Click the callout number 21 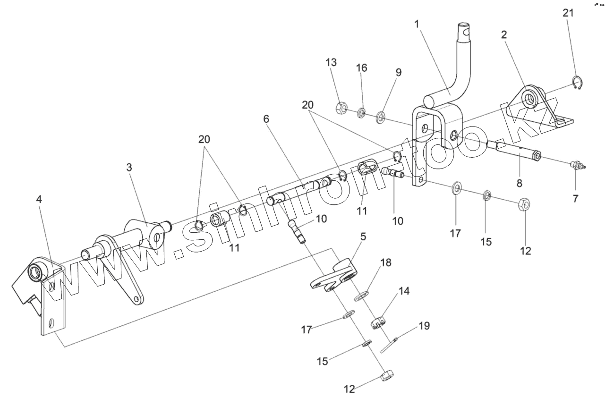coord(568,13)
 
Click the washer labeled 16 coord(361,112)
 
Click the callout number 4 coord(39,199)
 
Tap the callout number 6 coord(266,119)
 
